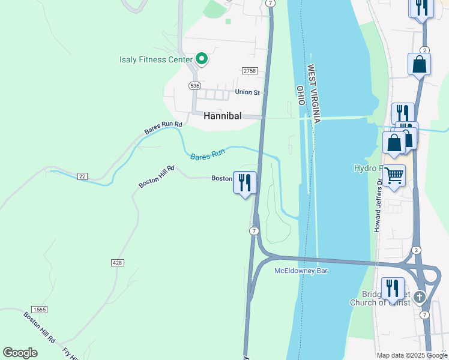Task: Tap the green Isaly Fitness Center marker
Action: click(202, 59)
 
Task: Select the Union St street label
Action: click(247, 92)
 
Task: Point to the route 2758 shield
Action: click(250, 71)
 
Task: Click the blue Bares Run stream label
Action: click(207, 155)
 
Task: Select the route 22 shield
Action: click(82, 176)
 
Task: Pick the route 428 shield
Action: click(118, 263)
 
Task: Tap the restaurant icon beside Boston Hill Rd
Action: click(244, 182)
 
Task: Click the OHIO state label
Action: click(300, 95)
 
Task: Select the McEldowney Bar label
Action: click(301, 271)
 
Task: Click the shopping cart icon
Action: click(394, 176)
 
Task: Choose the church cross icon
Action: click(420, 297)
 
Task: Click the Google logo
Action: click(20, 353)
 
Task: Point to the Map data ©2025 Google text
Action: click(412, 355)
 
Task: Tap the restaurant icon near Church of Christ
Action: click(393, 287)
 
